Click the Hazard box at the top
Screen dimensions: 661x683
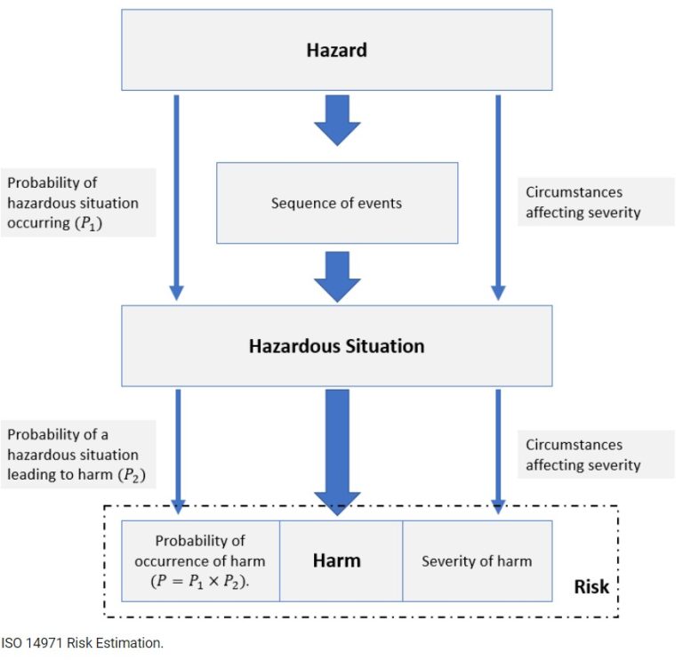pos(336,50)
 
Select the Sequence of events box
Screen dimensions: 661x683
pos(336,203)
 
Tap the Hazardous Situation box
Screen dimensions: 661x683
pos(336,345)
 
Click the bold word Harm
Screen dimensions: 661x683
pos(336,560)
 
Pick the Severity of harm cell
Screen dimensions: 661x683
pos(477,560)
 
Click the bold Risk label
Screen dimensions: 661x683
pos(591,586)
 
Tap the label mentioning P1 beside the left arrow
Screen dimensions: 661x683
pos(77,203)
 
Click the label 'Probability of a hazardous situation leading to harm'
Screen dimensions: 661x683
pos(77,454)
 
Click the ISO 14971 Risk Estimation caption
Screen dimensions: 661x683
pos(83,641)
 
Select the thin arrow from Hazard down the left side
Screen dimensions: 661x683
pos(176,196)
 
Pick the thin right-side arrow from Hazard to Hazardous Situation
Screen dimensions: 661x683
pos(498,196)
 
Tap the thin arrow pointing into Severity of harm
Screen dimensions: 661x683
pos(498,449)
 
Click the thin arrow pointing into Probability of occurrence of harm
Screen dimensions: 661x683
pos(177,449)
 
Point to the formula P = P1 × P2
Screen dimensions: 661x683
pos(200,580)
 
